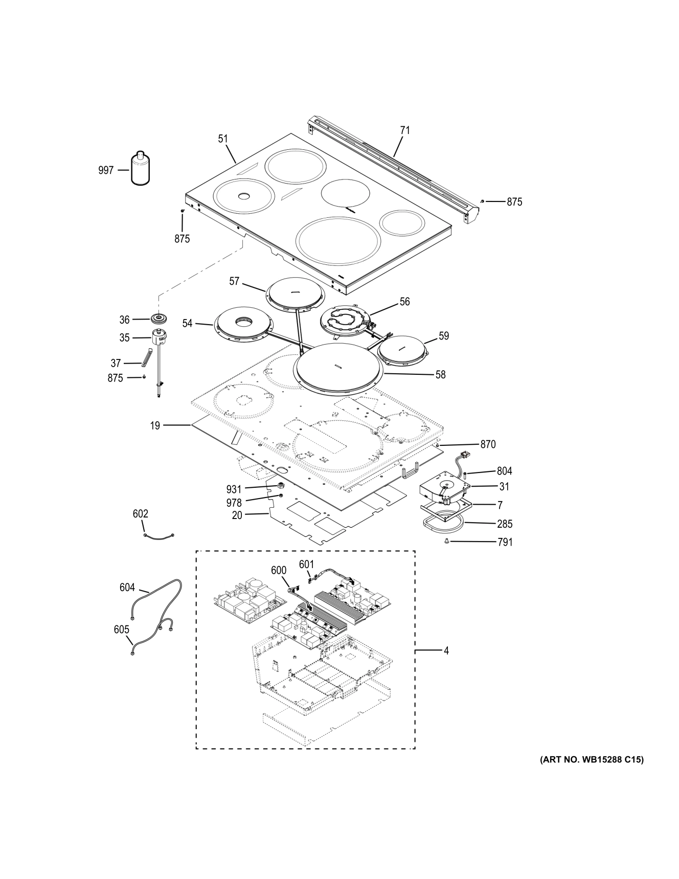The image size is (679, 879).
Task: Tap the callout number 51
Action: coord(223,139)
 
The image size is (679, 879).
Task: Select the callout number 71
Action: coord(404,130)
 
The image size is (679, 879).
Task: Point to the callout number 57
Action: coord(234,281)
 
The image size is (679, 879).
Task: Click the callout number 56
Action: coord(404,302)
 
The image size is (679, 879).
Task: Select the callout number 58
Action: coord(440,375)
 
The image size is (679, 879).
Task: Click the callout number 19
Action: coord(155,425)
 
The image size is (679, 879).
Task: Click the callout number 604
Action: coord(127,588)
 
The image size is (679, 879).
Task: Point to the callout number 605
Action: coord(121,629)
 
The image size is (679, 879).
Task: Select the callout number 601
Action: coord(306,564)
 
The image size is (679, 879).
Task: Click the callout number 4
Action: coord(446,651)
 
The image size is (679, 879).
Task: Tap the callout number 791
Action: coord(505,542)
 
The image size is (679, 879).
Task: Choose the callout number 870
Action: coord(488,444)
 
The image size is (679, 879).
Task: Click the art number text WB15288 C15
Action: coord(592,760)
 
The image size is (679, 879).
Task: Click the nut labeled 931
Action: coord(281,485)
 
